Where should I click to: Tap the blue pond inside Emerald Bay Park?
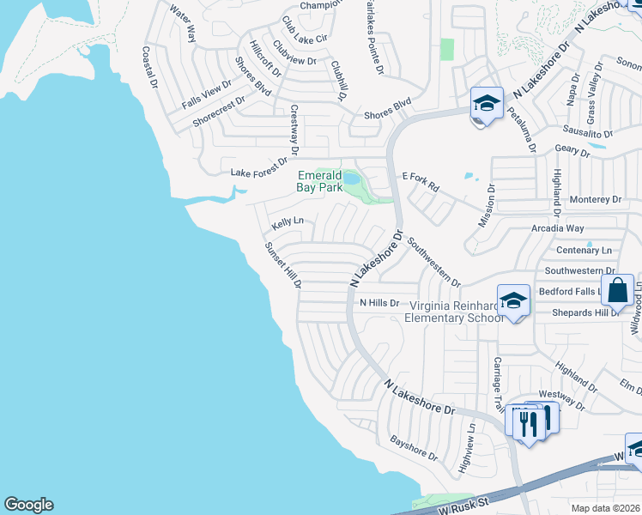coord(352,179)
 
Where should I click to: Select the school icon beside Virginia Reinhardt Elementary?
coord(513,301)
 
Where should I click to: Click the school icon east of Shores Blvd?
coord(487,104)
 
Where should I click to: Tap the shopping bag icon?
coord(617,291)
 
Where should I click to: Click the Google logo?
coord(28,505)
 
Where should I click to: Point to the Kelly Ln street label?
coord(288,223)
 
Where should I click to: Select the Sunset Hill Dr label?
coord(282,265)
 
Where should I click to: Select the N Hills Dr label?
coord(379,303)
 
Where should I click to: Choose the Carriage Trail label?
coord(497,384)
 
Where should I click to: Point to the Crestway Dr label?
coord(294,130)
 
